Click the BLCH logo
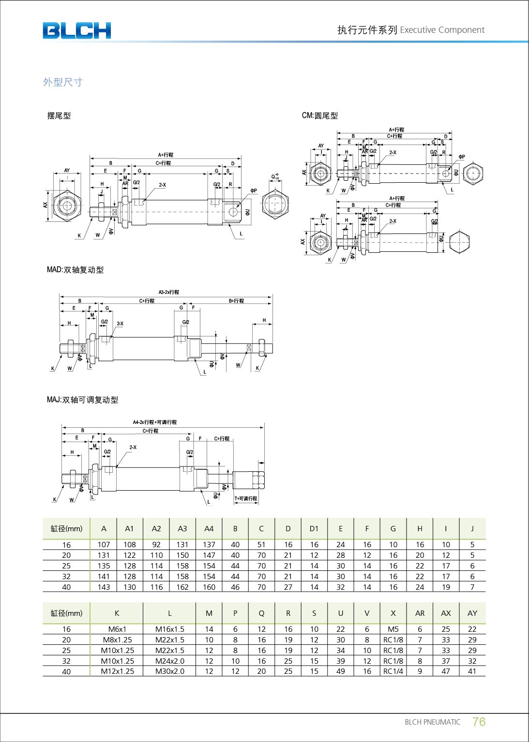tap(76, 30)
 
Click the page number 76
tap(479, 722)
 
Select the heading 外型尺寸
tap(63, 82)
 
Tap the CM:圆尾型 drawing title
tap(320, 116)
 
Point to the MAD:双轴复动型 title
tap(75, 270)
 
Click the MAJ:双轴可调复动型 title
tap(82, 400)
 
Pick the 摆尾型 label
tap(59, 116)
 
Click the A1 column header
tap(129, 529)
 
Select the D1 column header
tap(314, 529)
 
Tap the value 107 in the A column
tap(104, 545)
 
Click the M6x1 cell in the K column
tap(117, 629)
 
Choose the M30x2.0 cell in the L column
tap(169, 671)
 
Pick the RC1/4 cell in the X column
tap(393, 671)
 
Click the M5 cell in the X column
tap(393, 629)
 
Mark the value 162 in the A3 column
tap(182, 587)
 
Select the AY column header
tap(472, 613)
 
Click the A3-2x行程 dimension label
tap(168, 292)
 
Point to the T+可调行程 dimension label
tap(246, 499)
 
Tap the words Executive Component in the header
tap(442, 30)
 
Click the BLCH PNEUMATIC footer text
tap(432, 722)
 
